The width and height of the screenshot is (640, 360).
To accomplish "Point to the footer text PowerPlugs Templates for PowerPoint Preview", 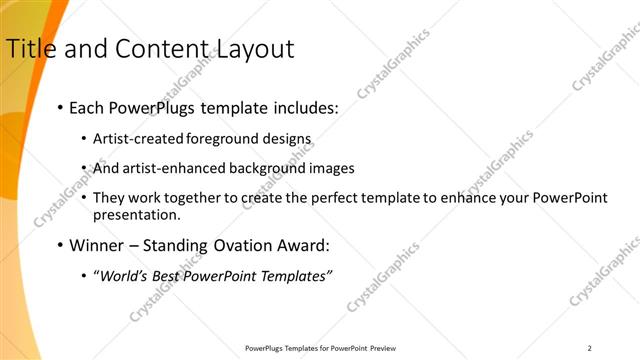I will [x=320, y=348].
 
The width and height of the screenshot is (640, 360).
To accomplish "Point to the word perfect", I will [x=343, y=198].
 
